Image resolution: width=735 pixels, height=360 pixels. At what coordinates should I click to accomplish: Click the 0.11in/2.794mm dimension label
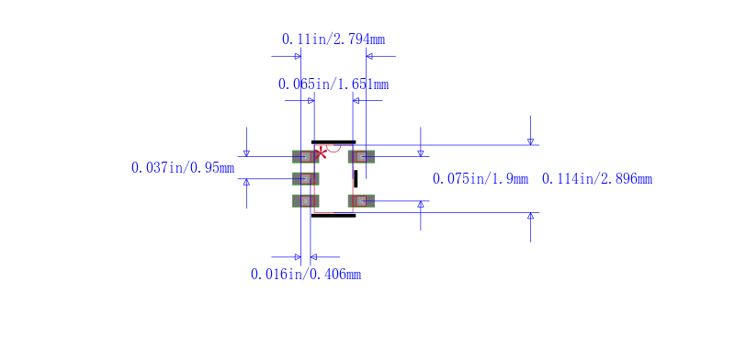(334, 39)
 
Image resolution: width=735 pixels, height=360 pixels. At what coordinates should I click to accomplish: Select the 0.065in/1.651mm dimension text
(334, 84)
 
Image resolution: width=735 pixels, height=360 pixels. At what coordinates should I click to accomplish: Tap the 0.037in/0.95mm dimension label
(183, 167)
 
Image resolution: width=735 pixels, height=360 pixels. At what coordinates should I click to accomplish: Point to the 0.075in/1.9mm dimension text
(480, 178)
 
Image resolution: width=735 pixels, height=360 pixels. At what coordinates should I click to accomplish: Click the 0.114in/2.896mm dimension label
(597, 178)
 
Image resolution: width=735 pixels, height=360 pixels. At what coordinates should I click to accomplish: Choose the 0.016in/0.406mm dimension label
(306, 275)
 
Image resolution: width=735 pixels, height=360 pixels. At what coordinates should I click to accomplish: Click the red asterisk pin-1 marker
(321, 153)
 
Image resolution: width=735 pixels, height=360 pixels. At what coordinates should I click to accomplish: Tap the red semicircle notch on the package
(334, 149)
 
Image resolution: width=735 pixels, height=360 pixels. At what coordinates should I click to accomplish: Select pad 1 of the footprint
(306, 156)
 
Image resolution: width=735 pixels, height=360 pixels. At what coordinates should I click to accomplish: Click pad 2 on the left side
(306, 178)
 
